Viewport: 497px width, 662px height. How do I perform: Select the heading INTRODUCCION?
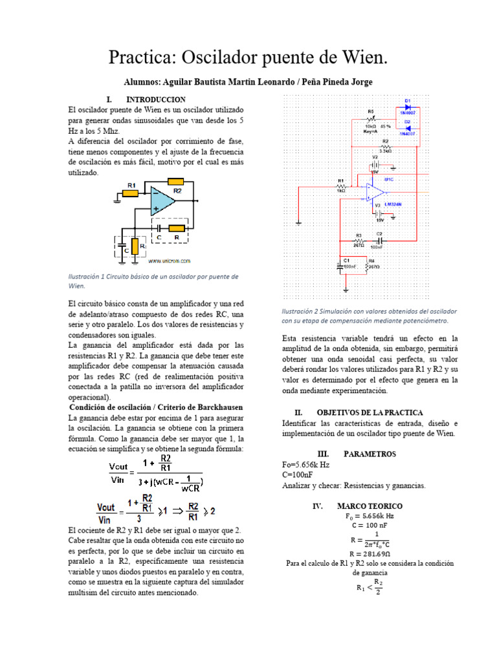click(156, 100)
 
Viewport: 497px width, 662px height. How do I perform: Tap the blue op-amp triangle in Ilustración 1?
click(161, 200)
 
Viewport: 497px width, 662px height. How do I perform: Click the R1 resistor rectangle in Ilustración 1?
click(131, 192)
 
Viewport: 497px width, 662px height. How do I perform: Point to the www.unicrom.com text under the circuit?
click(169, 262)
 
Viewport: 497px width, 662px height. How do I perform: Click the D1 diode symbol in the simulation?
click(408, 107)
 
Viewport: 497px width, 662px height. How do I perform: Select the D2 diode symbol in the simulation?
click(408, 127)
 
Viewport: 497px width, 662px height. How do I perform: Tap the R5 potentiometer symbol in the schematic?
click(371, 119)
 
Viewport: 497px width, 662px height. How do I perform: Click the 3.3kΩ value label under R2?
click(386, 151)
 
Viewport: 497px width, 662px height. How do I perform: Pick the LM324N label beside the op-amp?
click(393, 204)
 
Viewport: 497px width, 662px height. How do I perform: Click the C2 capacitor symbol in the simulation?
click(379, 240)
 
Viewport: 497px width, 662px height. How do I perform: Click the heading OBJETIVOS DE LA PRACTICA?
click(370, 412)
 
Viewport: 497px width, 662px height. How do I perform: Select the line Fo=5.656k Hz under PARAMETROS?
click(305, 465)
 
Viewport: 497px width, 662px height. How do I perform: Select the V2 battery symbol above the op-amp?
click(375, 165)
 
